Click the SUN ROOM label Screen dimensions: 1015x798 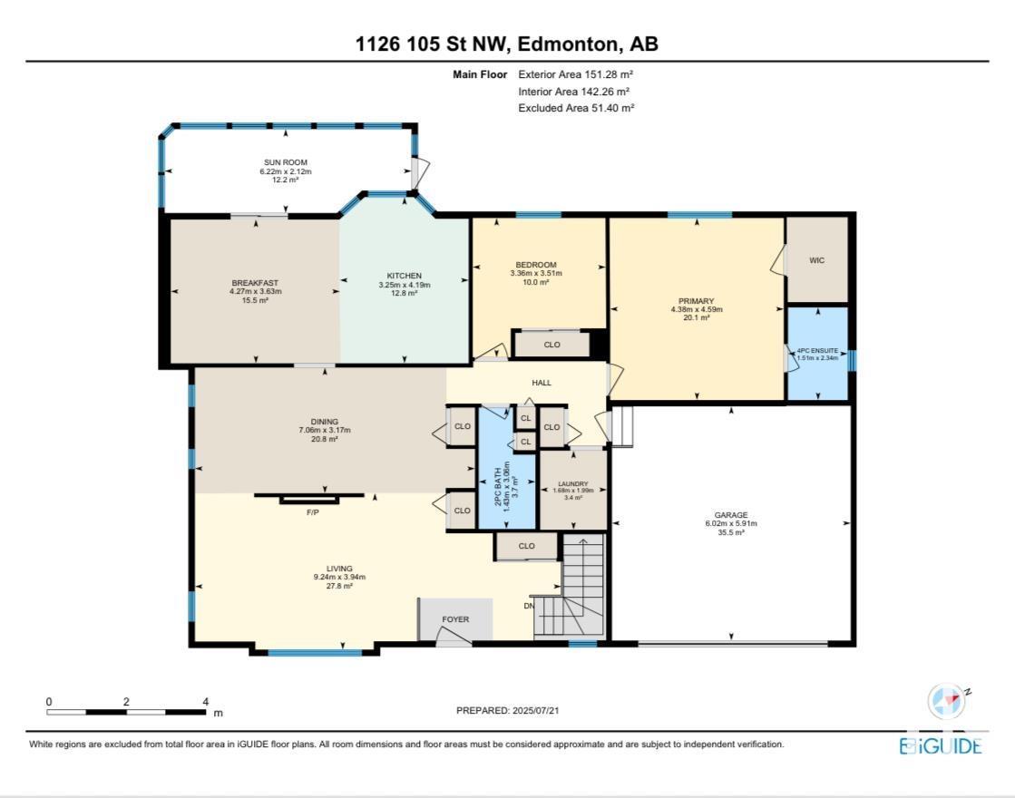coord(286,162)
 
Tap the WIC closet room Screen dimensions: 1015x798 coord(817,260)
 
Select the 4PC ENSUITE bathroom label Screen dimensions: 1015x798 coord(817,350)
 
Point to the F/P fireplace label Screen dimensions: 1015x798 coord(313,512)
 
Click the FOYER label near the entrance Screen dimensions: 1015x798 coord(455,619)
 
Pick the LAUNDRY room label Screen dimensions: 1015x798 coord(573,483)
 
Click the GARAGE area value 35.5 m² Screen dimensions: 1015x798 coord(731,532)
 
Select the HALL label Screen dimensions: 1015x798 coord(542,383)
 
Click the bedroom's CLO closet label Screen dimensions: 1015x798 coord(552,345)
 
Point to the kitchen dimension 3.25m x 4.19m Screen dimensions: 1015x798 coord(405,285)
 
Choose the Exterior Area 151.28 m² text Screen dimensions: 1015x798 coord(575,74)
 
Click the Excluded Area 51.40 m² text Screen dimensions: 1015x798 coord(576,108)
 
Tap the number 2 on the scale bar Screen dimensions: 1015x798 coord(126,702)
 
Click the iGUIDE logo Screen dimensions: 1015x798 coord(941,745)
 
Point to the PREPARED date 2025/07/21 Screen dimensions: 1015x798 coord(535,710)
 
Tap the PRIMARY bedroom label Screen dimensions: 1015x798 coord(697,301)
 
